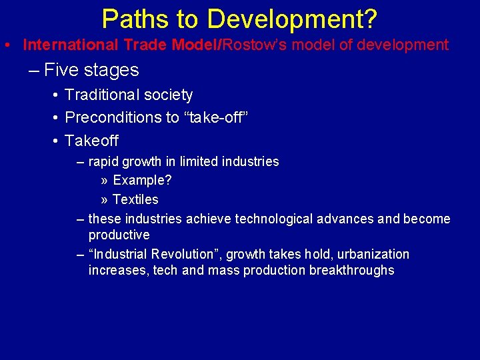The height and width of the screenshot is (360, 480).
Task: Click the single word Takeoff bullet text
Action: click(92, 141)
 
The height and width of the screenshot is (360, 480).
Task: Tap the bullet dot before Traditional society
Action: click(55, 95)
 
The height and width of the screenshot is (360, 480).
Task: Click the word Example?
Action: click(142, 181)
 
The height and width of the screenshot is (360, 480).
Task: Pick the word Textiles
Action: click(135, 199)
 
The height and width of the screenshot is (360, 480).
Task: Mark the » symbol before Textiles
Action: click(105, 200)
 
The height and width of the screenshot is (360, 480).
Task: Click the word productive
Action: click(119, 235)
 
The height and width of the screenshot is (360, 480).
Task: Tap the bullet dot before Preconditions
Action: click(55, 118)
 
